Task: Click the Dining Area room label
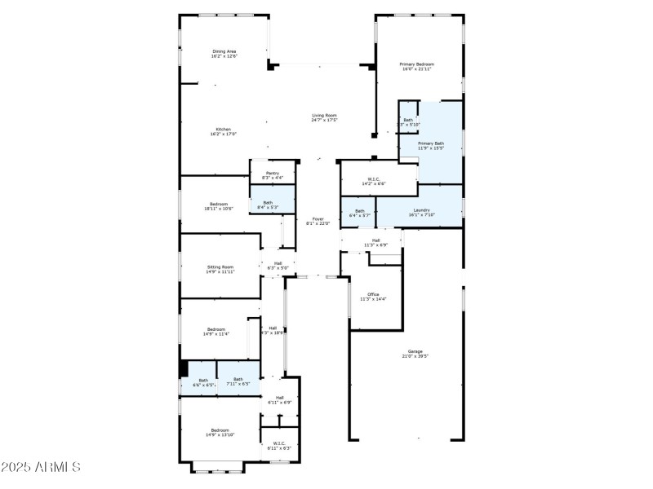pos(224,54)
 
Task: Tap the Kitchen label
pos(223,132)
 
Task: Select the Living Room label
pos(324,117)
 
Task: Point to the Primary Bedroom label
pos(416,67)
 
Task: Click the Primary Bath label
pos(430,146)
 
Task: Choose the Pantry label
pos(273,175)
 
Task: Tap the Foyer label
pos(318,221)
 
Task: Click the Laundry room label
pos(421,213)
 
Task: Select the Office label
pos(373,297)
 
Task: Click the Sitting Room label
pos(220,269)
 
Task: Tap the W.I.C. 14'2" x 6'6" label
pos(374,182)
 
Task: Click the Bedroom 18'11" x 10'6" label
pos(219,206)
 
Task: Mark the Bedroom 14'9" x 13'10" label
pos(220,433)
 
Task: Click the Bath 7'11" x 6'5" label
pos(238,381)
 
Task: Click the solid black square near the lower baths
pos(184,368)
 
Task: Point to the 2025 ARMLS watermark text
pos(40,468)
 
